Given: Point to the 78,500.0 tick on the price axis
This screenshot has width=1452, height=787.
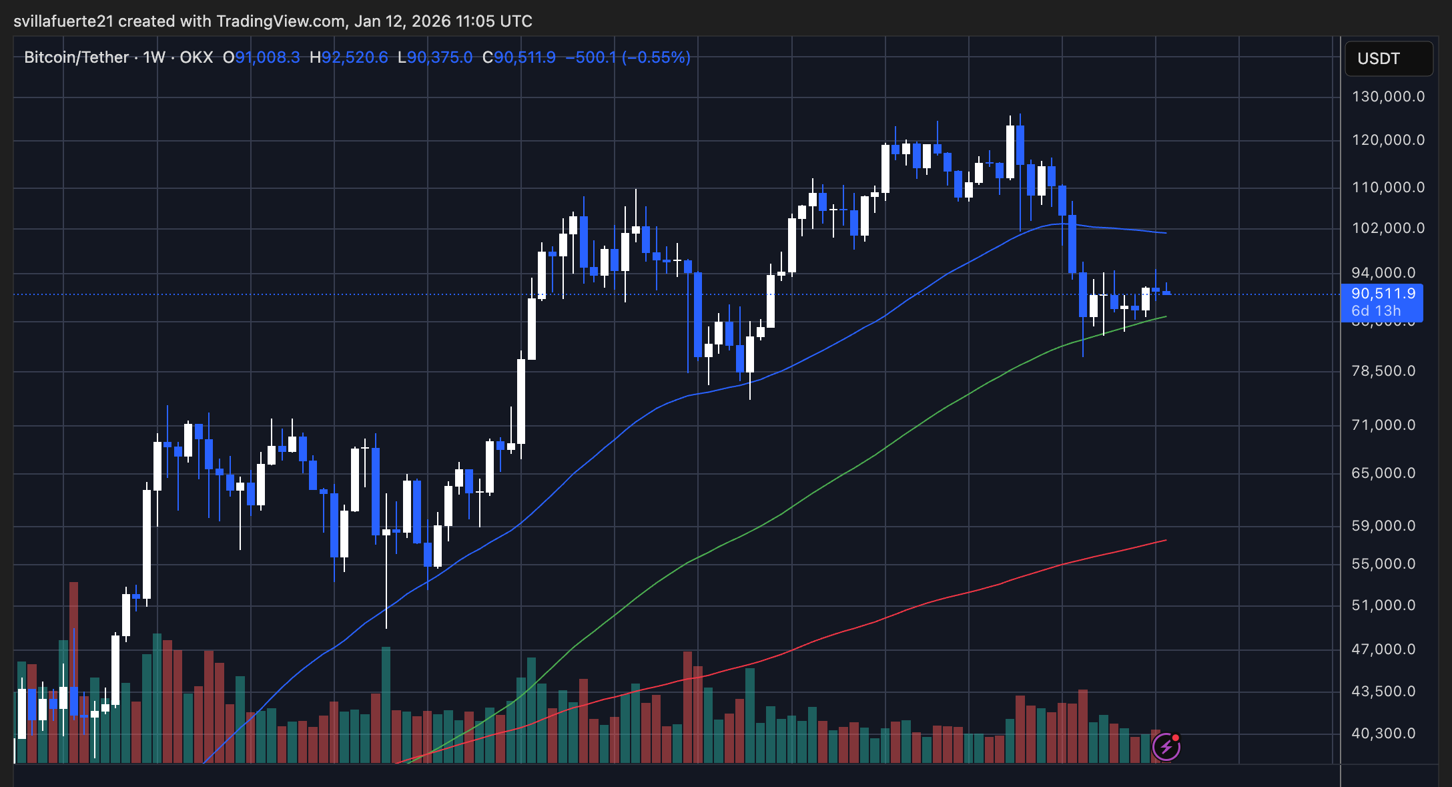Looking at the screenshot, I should [1383, 371].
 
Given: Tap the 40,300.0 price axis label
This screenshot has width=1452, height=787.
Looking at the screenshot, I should [1383, 734].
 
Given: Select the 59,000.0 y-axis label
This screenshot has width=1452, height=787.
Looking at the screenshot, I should [1383, 526].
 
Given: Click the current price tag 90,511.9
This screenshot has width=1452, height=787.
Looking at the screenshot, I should [1383, 294].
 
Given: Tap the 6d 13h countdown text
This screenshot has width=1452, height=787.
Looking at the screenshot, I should [1375, 311].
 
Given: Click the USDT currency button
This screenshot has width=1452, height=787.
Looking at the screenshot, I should [1388, 59].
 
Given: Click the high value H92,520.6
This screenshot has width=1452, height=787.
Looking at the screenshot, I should [348, 57].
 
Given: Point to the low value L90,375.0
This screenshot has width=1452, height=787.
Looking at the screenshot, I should [435, 57].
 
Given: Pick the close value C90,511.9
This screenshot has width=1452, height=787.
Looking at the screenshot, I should [519, 57].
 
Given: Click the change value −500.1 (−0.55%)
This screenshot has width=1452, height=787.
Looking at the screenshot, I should [627, 57].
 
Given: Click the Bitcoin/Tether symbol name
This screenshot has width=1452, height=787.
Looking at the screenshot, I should [76, 57].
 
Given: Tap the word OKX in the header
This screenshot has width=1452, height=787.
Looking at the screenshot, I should [196, 57].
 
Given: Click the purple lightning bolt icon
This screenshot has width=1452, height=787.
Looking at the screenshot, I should [1166, 747].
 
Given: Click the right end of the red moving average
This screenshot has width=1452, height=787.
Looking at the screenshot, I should [1165, 541].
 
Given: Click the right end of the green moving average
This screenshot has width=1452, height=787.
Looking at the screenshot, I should [1165, 317].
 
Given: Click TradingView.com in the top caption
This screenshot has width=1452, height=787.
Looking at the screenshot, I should [280, 21].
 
